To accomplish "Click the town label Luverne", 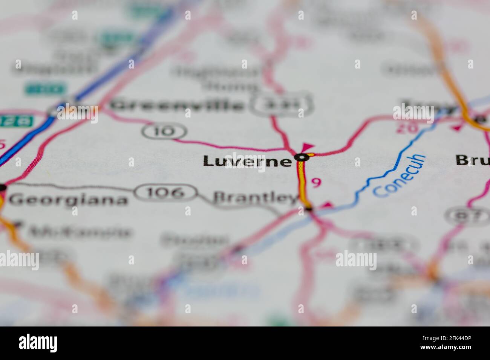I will [247, 161].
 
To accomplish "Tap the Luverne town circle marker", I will [302, 157].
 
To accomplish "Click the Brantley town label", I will [256, 197].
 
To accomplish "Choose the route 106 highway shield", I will [166, 192].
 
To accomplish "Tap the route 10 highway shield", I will [164, 131].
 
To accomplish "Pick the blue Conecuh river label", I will [400, 175].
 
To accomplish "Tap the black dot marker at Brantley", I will [308, 208].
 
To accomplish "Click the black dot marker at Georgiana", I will [3, 187].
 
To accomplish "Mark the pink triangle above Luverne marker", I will [308, 146].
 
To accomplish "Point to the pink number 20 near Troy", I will [407, 128].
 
